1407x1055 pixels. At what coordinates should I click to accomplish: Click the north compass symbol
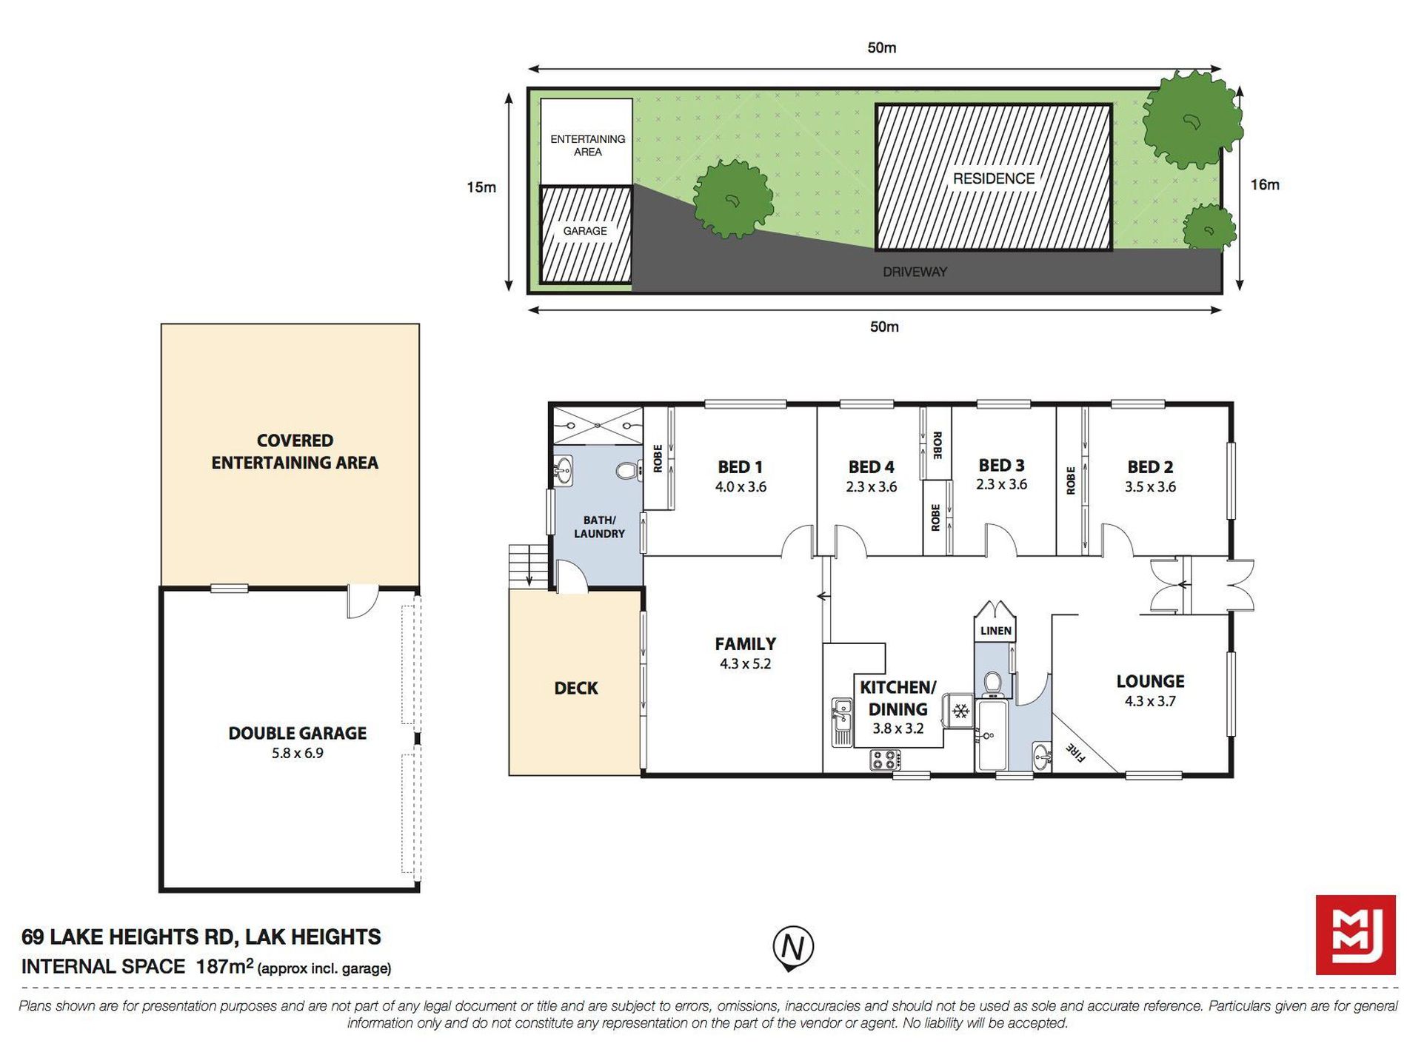point(793,948)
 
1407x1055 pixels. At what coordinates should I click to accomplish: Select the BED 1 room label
point(740,467)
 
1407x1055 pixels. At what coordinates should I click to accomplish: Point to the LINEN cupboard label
point(995,631)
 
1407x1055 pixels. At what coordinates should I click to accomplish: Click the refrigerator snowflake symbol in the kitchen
point(961,711)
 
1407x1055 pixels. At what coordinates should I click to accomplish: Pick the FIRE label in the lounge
point(1075,753)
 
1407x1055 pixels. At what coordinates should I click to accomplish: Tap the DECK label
point(575,689)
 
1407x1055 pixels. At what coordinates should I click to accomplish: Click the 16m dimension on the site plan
point(1265,185)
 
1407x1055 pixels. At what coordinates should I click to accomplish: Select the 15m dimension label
point(481,187)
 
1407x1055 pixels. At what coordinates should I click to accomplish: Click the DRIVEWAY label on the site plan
point(915,272)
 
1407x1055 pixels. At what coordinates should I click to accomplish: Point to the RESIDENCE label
point(993,178)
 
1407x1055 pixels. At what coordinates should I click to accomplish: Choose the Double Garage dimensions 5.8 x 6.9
point(297,753)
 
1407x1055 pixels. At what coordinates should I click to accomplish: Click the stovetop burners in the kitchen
point(885,759)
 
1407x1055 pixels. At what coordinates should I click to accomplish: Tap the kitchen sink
point(841,723)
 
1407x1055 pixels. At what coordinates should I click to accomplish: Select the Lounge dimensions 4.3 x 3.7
point(1150,701)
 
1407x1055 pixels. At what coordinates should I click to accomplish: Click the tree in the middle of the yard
point(733,198)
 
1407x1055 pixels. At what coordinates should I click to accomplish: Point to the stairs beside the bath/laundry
point(528,567)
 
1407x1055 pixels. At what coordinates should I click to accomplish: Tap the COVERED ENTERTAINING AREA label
point(295,452)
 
